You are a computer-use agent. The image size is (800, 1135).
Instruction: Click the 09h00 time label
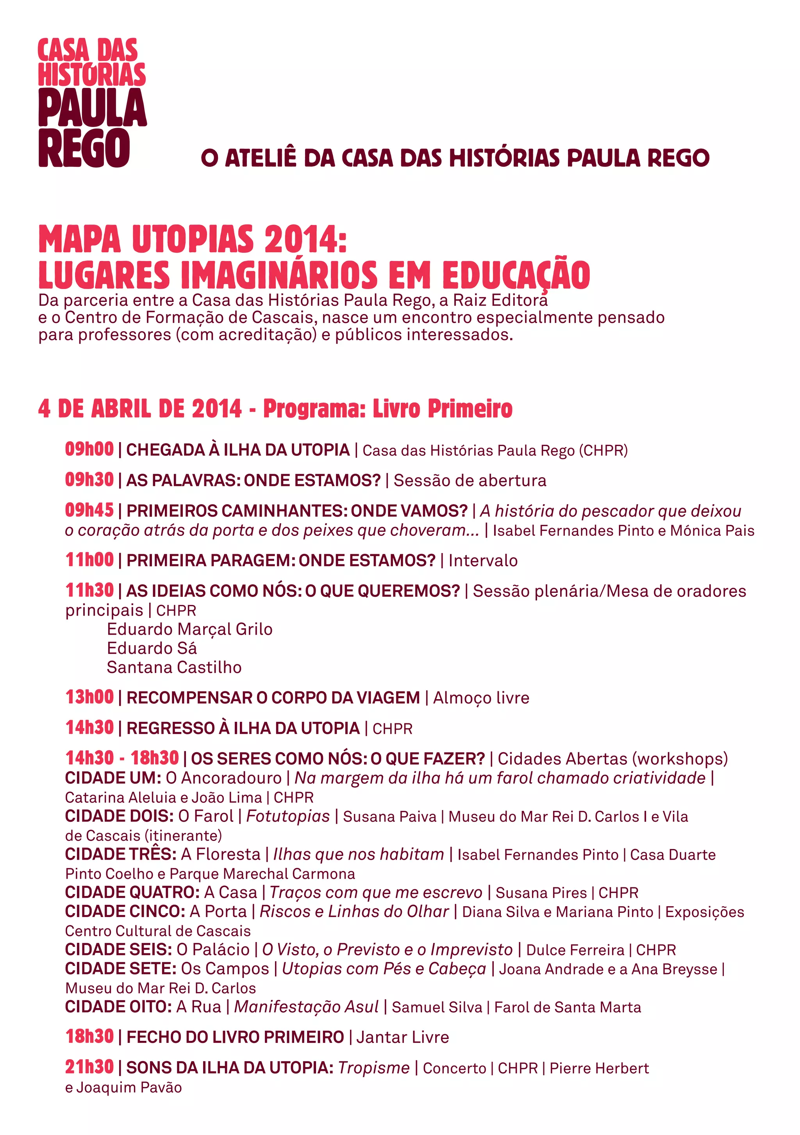click(x=89, y=449)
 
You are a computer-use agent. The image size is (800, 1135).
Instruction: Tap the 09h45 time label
click(x=89, y=510)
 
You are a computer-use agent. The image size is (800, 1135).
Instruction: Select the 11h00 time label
click(x=89, y=560)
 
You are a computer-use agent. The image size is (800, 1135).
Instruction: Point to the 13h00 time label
click(x=89, y=697)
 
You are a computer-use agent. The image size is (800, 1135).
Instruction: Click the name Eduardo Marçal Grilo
click(x=189, y=629)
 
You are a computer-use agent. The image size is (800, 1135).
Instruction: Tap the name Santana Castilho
click(x=174, y=667)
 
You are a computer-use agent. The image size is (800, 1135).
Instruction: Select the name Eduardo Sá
click(x=152, y=648)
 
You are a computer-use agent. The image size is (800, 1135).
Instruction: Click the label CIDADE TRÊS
click(x=121, y=854)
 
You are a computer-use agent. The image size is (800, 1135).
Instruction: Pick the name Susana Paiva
click(x=389, y=817)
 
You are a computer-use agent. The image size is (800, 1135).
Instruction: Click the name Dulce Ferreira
click(x=575, y=949)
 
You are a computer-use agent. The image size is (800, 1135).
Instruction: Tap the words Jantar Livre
click(x=402, y=1037)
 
